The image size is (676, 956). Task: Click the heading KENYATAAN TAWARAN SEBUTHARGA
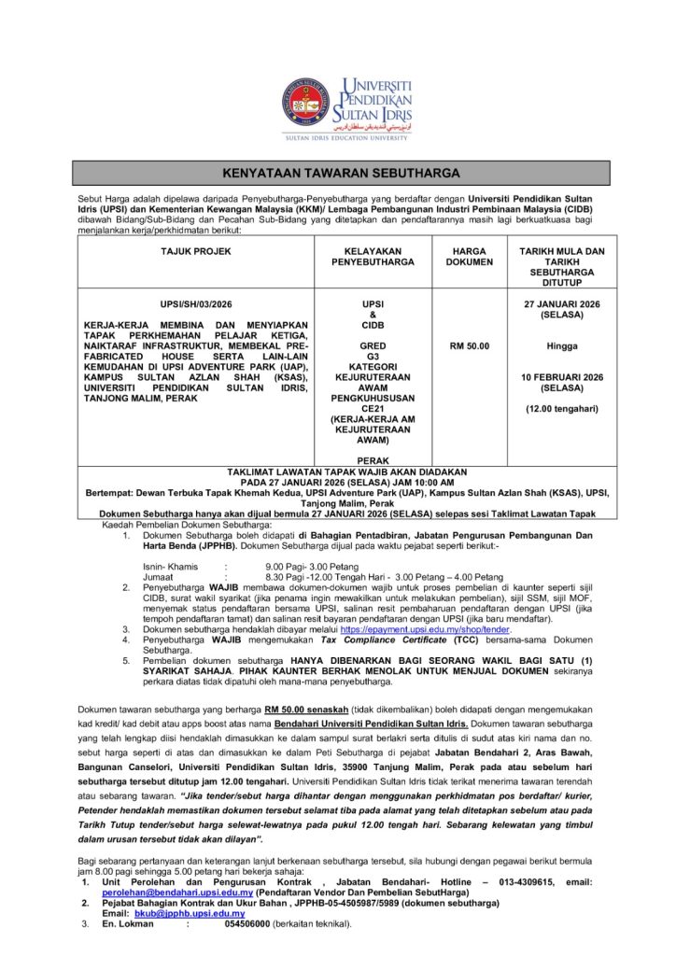click(x=342, y=173)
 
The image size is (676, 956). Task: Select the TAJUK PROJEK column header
click(x=195, y=251)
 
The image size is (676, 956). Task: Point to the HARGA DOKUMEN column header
click(x=469, y=257)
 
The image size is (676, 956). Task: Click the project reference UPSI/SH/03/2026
click(x=195, y=304)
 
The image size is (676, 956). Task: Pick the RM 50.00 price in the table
click(x=469, y=346)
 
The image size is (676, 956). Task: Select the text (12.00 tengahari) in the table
click(x=562, y=408)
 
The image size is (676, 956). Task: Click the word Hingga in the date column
click(x=562, y=346)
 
